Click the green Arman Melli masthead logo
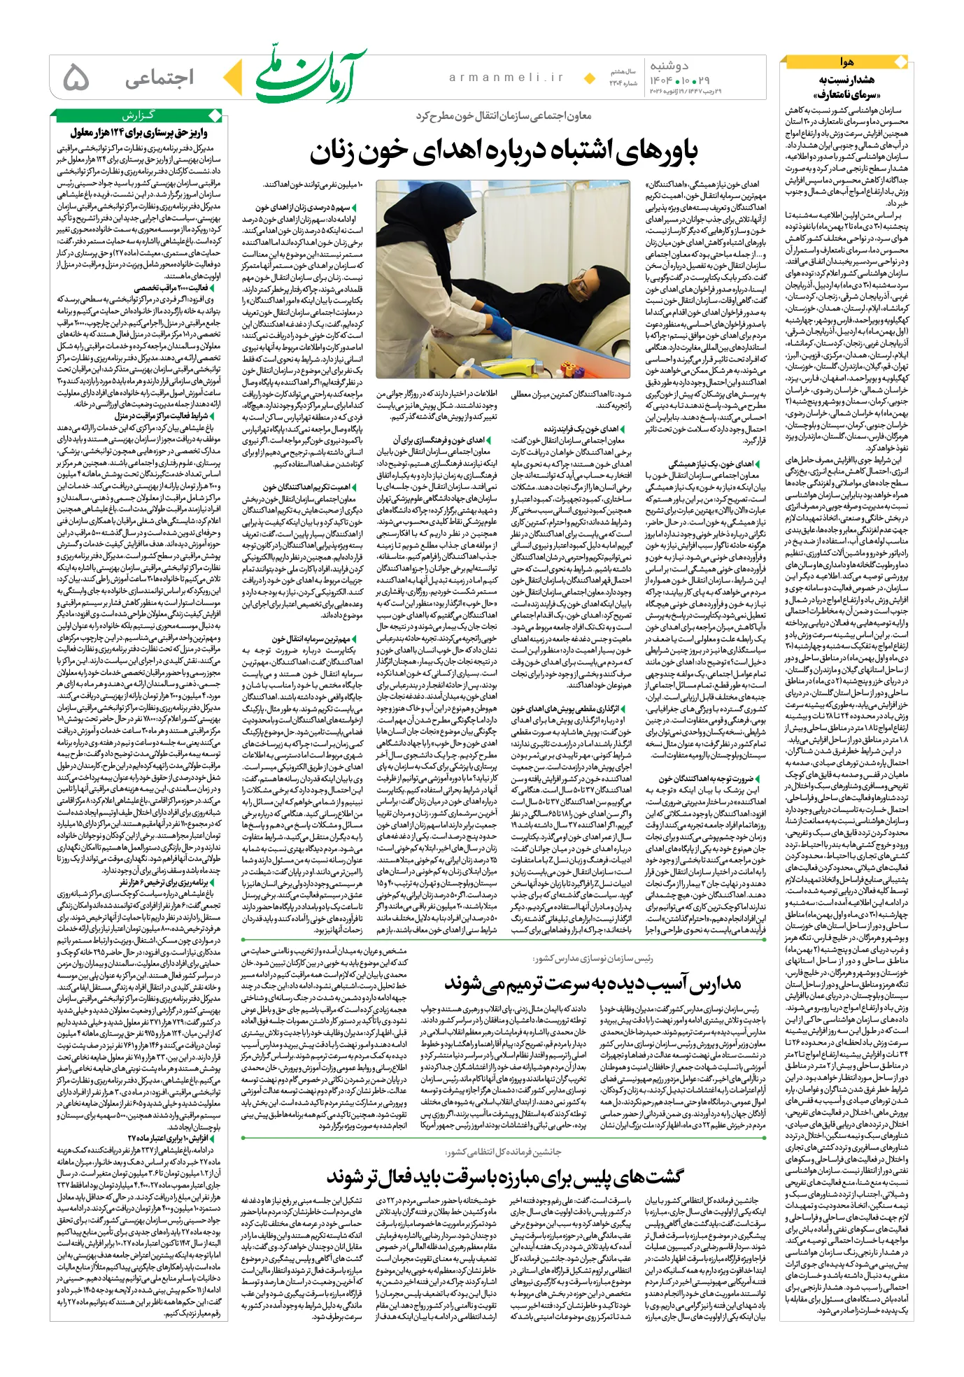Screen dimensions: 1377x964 308,78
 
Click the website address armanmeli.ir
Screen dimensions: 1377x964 506,78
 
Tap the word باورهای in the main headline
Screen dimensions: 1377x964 657,151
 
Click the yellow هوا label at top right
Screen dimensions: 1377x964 846,62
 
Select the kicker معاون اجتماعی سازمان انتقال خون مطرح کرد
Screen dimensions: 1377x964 504,116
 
